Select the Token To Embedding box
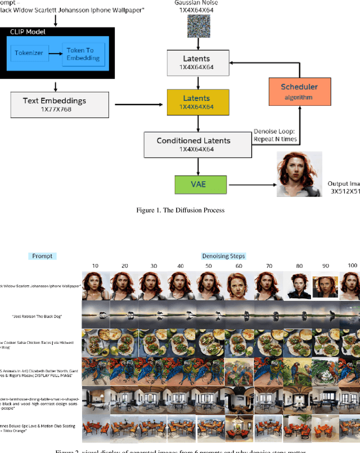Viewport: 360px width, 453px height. click(x=82, y=53)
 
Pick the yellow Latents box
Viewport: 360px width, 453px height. click(x=197, y=102)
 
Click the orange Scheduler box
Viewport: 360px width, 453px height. click(x=299, y=90)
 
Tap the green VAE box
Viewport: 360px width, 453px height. click(x=201, y=185)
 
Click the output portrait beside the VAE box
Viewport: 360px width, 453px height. click(x=299, y=174)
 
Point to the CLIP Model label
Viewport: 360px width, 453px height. click(x=29, y=32)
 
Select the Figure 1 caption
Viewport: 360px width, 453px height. click(x=180, y=210)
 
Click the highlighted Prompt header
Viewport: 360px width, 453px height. click(x=42, y=256)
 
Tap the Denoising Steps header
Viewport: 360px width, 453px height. click(x=224, y=256)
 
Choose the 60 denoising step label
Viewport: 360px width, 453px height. click(x=238, y=266)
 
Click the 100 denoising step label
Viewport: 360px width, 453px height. click(x=353, y=265)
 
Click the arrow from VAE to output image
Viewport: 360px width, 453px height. click(x=250, y=184)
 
